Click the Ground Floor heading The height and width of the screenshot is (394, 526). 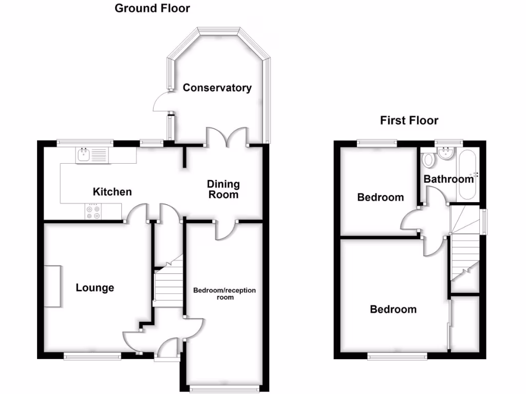click(152, 8)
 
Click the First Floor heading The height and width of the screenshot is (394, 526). click(409, 121)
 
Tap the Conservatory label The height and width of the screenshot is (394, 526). click(217, 88)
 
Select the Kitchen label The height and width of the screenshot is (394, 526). click(112, 192)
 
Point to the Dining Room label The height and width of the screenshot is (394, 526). click(223, 189)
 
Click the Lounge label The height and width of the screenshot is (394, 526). click(95, 287)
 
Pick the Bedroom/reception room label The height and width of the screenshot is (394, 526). click(224, 293)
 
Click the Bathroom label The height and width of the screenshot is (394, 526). click(448, 179)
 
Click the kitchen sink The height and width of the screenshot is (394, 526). click(91, 155)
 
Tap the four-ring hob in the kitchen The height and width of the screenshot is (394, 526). click(93, 211)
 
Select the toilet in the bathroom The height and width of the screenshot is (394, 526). click(427, 160)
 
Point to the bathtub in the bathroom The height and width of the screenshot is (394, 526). click(468, 175)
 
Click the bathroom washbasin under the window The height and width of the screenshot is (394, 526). click(446, 152)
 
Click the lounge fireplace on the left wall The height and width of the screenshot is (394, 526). click(53, 286)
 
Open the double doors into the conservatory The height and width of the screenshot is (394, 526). click(227, 137)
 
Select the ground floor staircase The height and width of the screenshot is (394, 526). click(169, 285)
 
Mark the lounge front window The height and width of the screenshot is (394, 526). click(92, 354)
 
